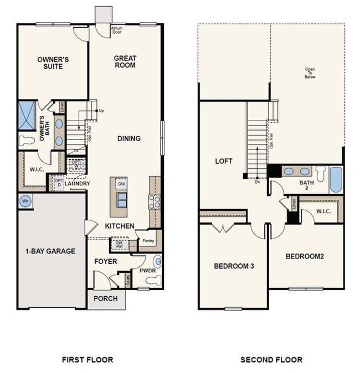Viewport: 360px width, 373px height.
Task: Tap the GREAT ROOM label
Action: tap(125, 61)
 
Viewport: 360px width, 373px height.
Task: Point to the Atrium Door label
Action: tap(117, 30)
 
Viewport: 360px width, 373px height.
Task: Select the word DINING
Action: tap(128, 138)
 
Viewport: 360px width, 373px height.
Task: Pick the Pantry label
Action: tap(148, 241)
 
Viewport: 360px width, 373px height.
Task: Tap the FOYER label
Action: tap(105, 261)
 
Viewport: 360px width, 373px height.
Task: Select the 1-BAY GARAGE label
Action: tap(50, 251)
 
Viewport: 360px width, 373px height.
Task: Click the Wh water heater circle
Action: tap(24, 201)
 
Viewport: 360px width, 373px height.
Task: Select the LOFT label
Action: tap(223, 162)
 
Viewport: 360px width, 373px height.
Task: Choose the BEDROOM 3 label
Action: tap(234, 266)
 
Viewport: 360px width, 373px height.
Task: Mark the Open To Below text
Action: tap(310, 73)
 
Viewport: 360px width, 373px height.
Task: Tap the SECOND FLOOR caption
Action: tap(271, 360)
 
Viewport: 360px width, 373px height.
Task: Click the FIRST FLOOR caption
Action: tap(89, 360)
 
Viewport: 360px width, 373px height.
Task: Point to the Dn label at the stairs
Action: tap(256, 181)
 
